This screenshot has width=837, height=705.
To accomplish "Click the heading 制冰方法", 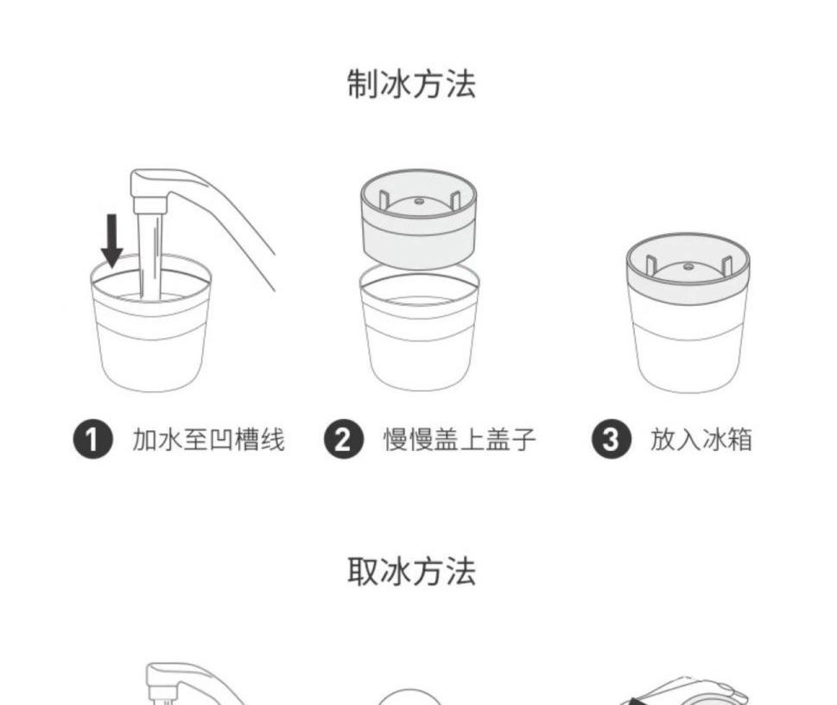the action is pos(411,84).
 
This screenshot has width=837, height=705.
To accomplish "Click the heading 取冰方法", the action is pos(411,571).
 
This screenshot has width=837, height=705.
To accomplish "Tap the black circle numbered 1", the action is pos(93,440).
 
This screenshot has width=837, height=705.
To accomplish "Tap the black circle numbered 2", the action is pos(344,440).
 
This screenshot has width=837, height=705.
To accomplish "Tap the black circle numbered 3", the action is pos(612,440).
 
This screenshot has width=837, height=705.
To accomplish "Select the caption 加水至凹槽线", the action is pos(208,440).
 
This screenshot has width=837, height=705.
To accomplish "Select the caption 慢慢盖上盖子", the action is pos(460,440).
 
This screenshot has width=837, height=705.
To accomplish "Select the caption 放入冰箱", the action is pos(701,440).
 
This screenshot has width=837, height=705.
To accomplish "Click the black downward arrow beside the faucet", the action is pos(112,241).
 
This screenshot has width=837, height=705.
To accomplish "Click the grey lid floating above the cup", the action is pos(418,219).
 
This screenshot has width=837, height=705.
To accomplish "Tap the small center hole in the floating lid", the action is pos(419,202).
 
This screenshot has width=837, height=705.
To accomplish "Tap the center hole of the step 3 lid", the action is pos(688,266).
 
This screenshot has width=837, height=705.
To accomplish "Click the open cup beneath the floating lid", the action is pos(420,327).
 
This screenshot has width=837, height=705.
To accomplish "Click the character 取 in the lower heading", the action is pos(363,571).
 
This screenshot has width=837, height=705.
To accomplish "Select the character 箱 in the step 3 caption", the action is pos(739,440).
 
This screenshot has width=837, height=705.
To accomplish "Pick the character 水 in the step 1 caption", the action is pos(170,440).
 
